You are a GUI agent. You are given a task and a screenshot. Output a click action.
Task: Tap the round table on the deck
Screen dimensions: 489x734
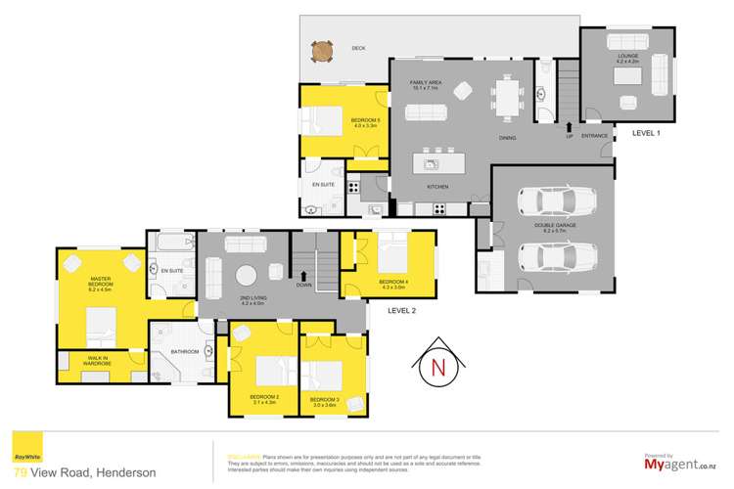click(x=321, y=50)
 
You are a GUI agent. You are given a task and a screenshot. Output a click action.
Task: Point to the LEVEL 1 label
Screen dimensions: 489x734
click(x=647, y=132)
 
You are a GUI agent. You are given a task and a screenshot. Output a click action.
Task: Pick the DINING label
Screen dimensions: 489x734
click(x=507, y=138)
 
